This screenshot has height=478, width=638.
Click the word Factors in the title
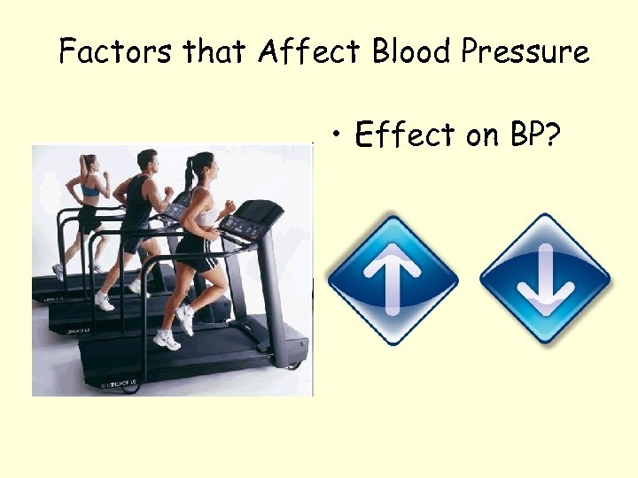coord(116,52)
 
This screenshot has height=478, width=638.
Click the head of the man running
coord(147,163)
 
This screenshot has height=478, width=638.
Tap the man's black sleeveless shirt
coord(139,203)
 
